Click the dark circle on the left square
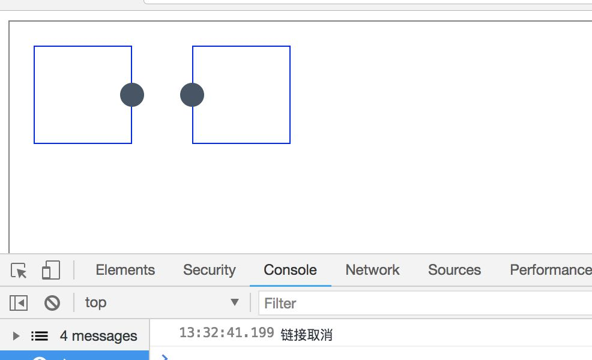click(132, 95)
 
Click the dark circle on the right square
click(192, 95)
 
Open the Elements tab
click(125, 270)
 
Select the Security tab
click(209, 270)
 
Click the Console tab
click(290, 270)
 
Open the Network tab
click(372, 270)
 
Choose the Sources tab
click(455, 270)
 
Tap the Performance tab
click(549, 270)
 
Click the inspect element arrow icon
click(19, 271)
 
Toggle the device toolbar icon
click(50, 271)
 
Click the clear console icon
click(52, 303)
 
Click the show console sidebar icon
click(19, 303)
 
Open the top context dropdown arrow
click(235, 302)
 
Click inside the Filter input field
click(420, 303)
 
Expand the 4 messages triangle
click(16, 336)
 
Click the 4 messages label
click(98, 336)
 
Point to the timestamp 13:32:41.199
click(226, 333)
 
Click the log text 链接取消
click(306, 335)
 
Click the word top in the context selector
click(95, 302)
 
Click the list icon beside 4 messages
click(40, 336)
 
